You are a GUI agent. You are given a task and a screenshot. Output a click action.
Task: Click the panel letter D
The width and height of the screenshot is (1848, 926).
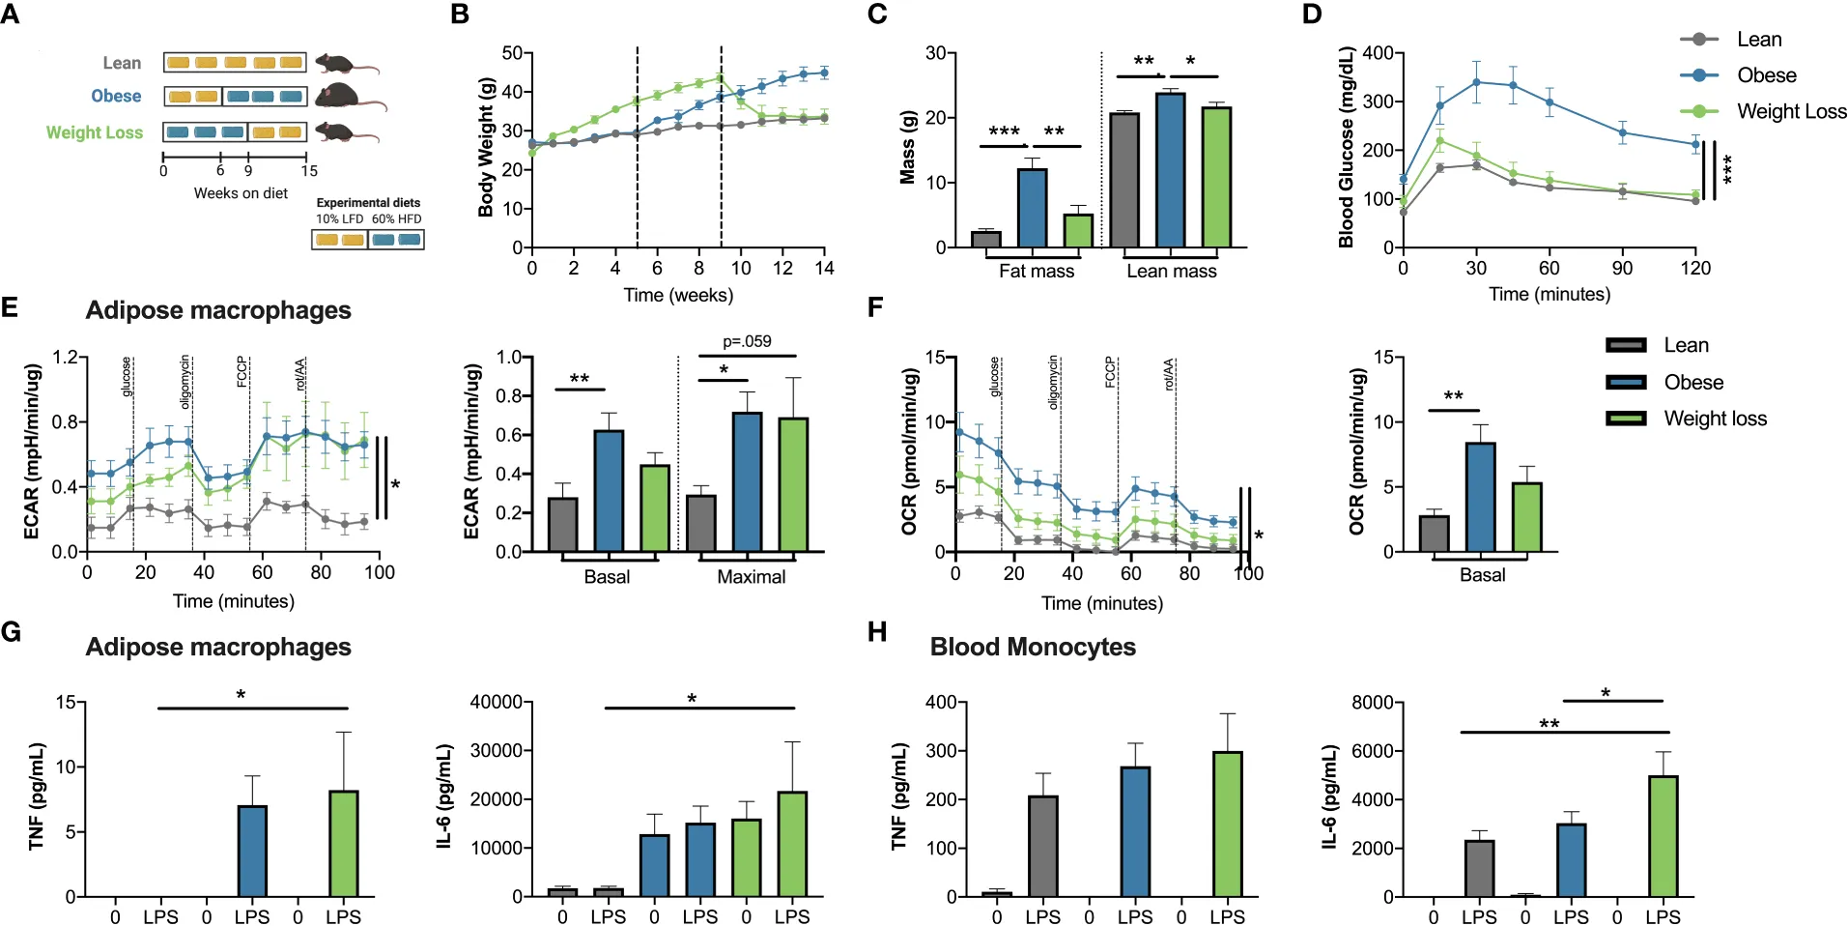tap(1312, 14)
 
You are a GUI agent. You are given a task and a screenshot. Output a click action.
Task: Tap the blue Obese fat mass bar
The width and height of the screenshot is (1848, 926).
tap(1032, 208)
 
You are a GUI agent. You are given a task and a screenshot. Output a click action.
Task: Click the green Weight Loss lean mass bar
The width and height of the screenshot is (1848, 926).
tap(1217, 177)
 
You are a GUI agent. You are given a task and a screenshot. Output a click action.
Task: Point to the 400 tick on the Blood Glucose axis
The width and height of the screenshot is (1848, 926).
tap(1379, 53)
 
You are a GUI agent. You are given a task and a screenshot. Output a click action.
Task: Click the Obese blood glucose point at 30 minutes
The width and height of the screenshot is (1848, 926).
tap(1476, 82)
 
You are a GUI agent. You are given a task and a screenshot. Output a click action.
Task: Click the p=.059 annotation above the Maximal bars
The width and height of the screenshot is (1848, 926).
tap(747, 341)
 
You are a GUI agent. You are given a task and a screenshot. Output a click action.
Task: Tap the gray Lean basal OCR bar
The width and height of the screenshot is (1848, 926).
tap(1434, 534)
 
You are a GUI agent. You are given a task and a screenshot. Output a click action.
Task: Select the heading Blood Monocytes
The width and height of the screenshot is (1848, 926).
tap(1033, 647)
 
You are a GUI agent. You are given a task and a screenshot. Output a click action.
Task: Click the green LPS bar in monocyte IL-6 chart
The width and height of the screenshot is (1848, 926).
tap(1663, 836)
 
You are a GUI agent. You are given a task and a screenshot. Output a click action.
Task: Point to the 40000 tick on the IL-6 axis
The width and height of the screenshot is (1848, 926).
tap(496, 702)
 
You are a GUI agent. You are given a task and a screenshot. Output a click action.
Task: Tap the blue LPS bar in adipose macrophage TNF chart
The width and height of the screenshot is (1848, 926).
tap(252, 852)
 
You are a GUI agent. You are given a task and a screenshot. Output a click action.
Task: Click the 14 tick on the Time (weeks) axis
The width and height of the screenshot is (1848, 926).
tap(824, 268)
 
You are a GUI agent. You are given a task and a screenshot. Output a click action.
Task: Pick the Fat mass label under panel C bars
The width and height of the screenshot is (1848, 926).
tap(1037, 272)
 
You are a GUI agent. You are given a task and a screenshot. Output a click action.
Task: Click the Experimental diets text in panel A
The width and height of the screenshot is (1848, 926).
tap(368, 203)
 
